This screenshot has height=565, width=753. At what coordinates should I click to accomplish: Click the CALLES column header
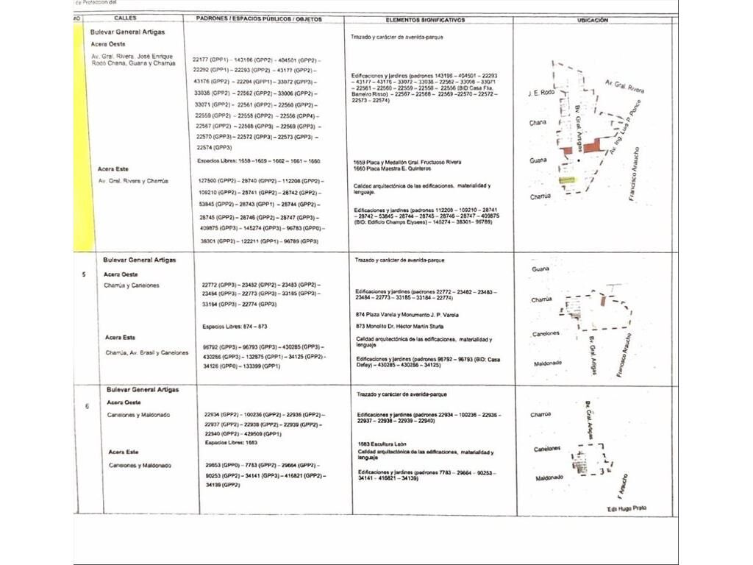[x=125, y=18]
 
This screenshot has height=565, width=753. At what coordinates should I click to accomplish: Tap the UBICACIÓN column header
[x=593, y=20]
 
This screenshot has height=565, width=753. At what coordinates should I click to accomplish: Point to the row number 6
[x=86, y=406]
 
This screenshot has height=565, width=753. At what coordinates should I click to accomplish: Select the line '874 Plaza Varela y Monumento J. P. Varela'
[x=407, y=315]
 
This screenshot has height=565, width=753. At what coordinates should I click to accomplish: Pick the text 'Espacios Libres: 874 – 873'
[x=234, y=326]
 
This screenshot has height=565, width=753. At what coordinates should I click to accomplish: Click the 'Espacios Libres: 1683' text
[x=230, y=443]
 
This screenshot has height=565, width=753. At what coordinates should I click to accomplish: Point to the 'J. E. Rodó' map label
[x=540, y=94]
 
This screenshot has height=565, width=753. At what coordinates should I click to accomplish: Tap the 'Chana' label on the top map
[x=538, y=123]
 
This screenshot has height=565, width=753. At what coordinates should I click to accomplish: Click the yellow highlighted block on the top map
[x=566, y=180]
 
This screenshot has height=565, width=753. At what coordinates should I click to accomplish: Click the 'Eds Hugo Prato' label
[x=627, y=508]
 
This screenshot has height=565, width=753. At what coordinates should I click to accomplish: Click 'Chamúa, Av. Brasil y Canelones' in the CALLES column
[x=146, y=352]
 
